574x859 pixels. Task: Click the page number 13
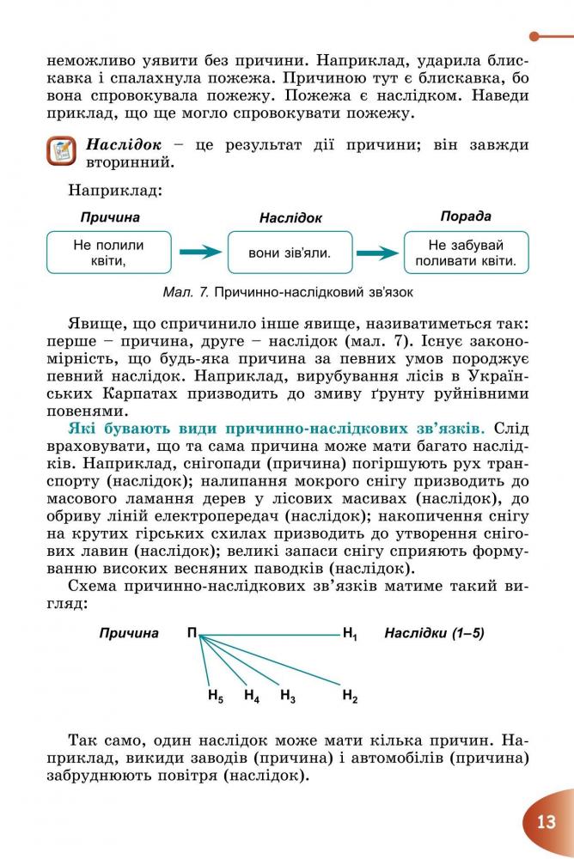(547, 821)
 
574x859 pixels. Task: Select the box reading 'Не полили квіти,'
(107, 253)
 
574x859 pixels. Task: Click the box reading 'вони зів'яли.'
(290, 253)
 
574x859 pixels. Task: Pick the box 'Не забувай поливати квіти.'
(466, 253)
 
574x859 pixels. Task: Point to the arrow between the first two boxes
(200, 253)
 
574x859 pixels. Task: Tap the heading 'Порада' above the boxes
(466, 216)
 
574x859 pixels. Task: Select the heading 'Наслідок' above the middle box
(290, 219)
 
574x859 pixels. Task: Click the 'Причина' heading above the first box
(110, 217)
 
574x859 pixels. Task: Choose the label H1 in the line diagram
(350, 635)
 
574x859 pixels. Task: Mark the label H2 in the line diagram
(350, 695)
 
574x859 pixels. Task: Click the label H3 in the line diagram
(288, 695)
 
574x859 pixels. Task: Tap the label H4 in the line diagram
(252, 695)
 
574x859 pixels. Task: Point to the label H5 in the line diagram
(216, 695)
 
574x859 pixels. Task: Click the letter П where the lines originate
(192, 634)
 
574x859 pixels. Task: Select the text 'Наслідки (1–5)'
(434, 634)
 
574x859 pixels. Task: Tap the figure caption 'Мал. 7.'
(186, 292)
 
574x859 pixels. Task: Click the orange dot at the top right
(534, 36)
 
